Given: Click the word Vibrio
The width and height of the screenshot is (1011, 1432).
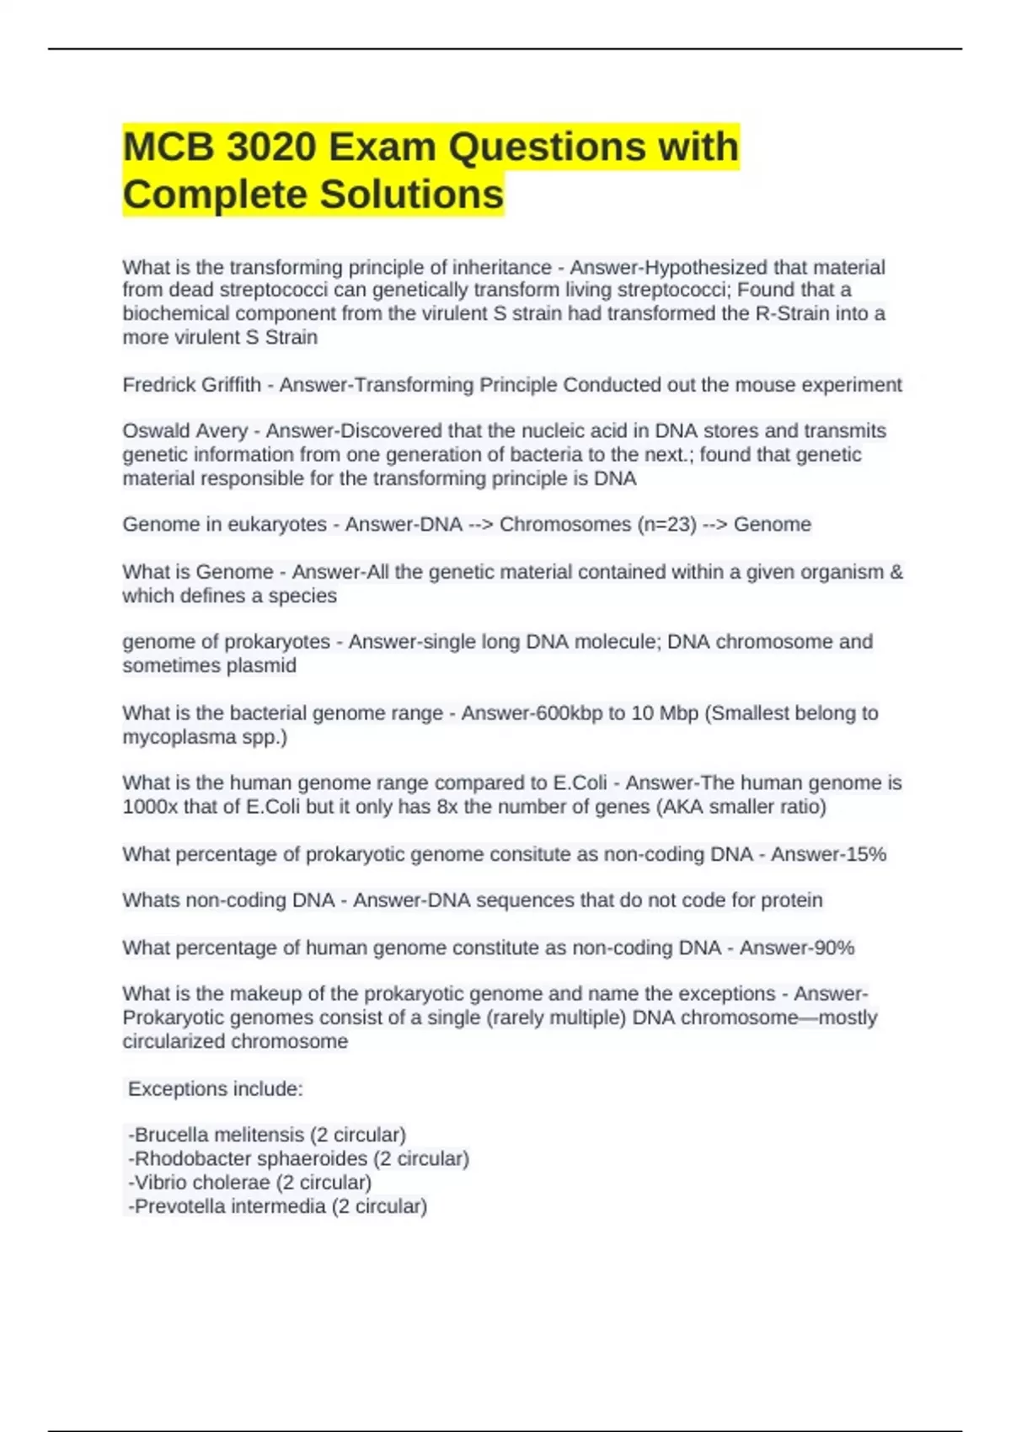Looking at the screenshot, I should pos(158,1182).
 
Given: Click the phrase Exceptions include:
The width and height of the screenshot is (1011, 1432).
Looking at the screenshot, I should pos(215,1089).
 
